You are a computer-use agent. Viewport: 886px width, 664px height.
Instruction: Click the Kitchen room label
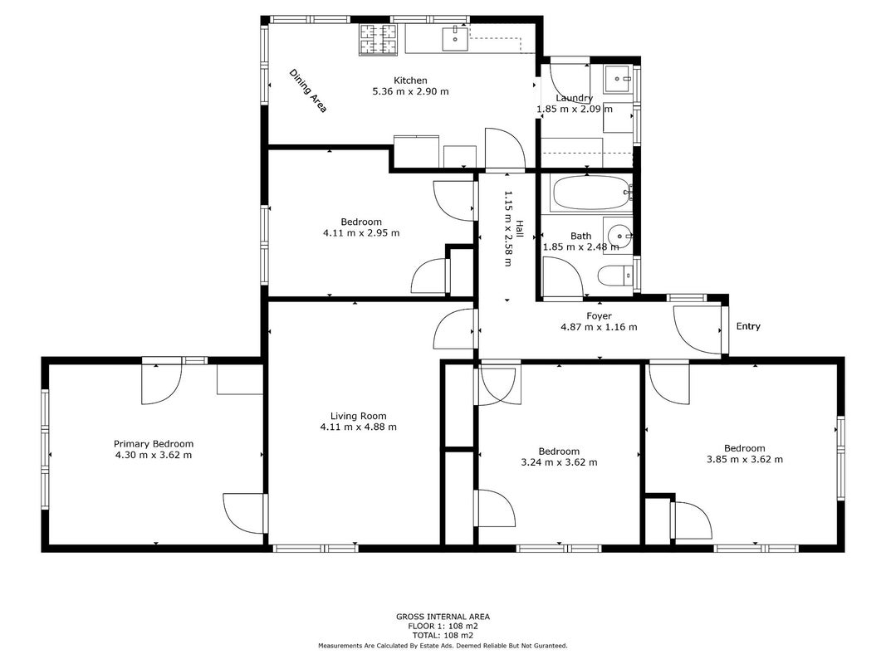410,81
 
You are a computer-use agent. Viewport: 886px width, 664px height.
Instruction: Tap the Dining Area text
308,91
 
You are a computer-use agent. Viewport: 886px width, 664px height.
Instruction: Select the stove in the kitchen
379,40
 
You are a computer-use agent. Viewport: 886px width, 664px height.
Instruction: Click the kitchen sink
455,38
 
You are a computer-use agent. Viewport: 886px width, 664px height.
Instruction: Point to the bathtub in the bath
591,193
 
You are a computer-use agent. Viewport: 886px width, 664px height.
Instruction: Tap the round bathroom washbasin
619,234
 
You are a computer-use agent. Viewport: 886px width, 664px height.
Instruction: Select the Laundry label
574,98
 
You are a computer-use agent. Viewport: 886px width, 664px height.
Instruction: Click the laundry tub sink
618,80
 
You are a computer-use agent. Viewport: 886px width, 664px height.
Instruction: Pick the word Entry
748,326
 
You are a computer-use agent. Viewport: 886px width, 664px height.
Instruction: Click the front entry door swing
698,330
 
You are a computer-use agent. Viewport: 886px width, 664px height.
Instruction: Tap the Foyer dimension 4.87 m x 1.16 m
599,327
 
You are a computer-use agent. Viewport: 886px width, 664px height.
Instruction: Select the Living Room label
358,416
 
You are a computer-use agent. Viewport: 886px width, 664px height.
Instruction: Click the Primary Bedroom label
154,444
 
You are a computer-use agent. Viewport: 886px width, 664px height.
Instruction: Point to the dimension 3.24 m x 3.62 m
559,462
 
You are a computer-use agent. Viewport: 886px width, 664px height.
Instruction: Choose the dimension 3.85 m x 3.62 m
745,460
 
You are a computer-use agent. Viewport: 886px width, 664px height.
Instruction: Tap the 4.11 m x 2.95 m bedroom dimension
361,232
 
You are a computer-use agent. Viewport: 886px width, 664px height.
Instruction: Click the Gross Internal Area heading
443,618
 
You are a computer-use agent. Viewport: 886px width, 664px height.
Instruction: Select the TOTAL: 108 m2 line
443,635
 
